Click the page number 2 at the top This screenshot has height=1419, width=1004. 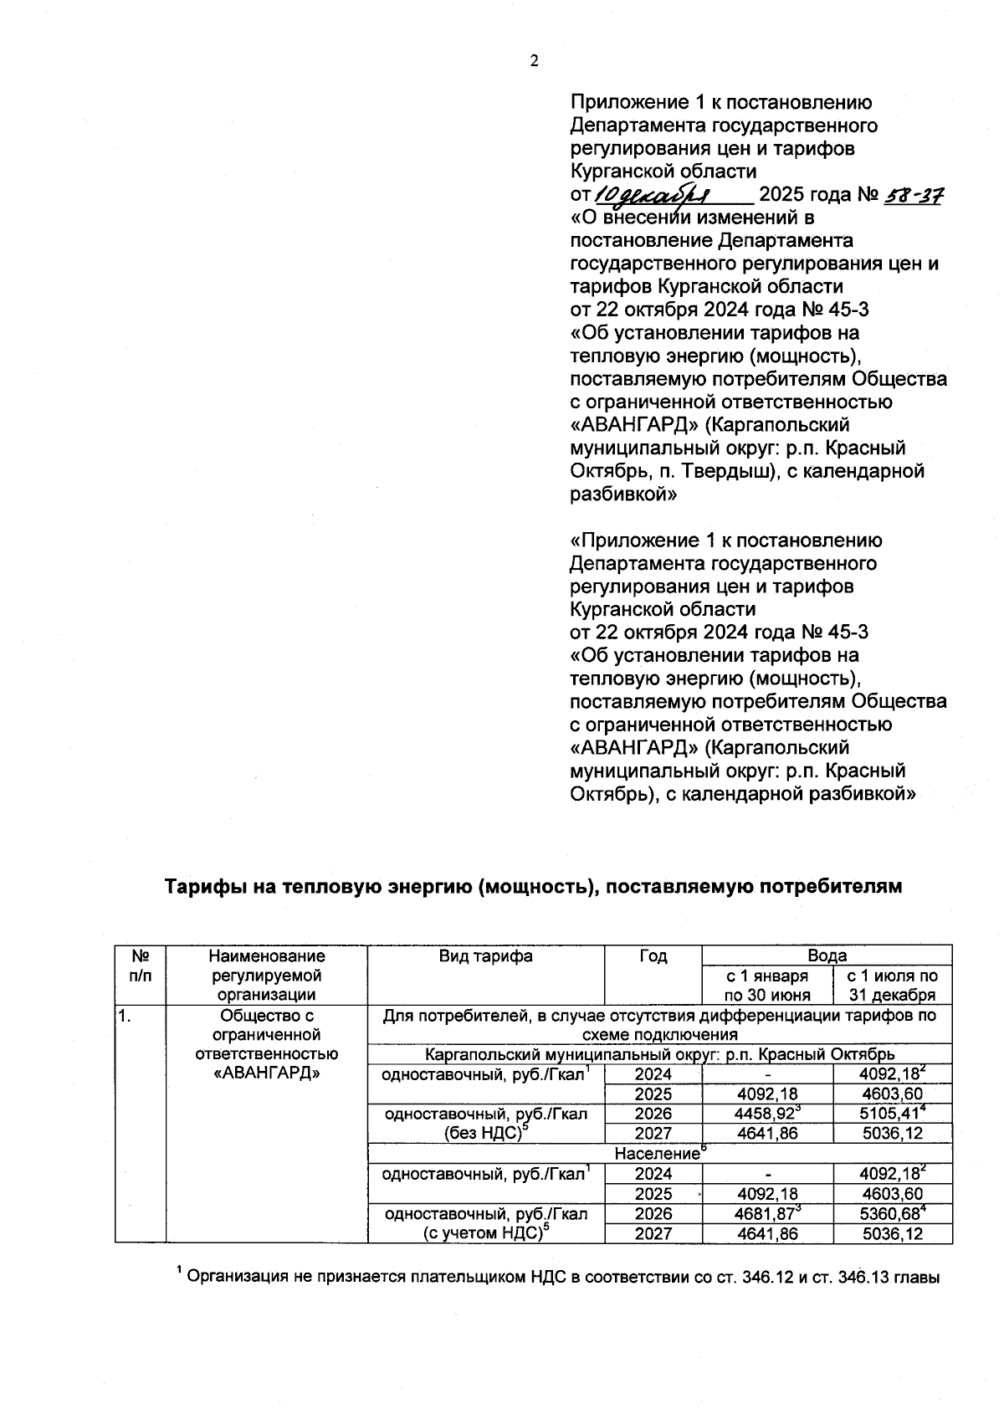(x=534, y=60)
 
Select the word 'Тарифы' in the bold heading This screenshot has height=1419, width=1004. (x=198, y=886)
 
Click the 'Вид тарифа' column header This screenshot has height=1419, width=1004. (x=485, y=955)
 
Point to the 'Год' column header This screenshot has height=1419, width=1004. (x=653, y=955)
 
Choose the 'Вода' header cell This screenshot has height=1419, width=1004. (x=827, y=955)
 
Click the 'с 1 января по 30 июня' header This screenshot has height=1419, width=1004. (x=767, y=985)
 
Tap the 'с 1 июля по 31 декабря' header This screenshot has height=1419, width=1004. (x=892, y=985)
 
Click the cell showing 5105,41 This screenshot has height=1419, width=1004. (x=890, y=1114)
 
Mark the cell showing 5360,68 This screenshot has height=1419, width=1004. (x=890, y=1214)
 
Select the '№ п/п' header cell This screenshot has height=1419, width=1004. (x=141, y=966)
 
